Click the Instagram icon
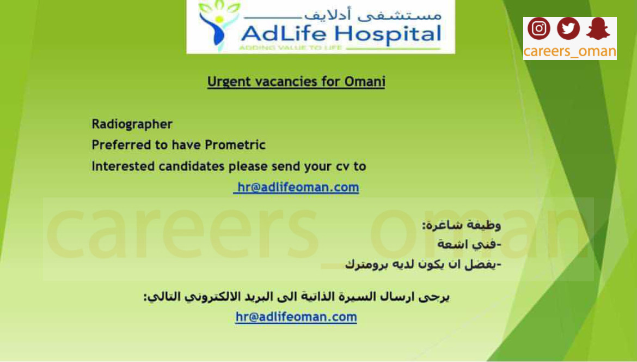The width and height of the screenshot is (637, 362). tap(538, 28)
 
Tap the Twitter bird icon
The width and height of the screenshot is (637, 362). tap(568, 28)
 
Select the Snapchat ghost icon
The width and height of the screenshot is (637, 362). tap(598, 28)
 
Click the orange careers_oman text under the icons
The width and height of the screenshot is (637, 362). tap(569, 52)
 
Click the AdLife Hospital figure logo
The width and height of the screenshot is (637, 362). tap(217, 25)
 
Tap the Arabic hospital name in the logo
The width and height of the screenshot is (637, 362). tap(372, 15)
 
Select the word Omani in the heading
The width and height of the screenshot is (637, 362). tap(365, 81)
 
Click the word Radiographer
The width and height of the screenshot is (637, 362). tap(132, 124)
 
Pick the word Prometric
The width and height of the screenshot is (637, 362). tap(235, 145)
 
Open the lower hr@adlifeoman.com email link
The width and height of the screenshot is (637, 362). tap(296, 317)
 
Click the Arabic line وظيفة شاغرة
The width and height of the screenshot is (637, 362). tap(462, 225)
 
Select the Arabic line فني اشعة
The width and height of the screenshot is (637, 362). tap(469, 244)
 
